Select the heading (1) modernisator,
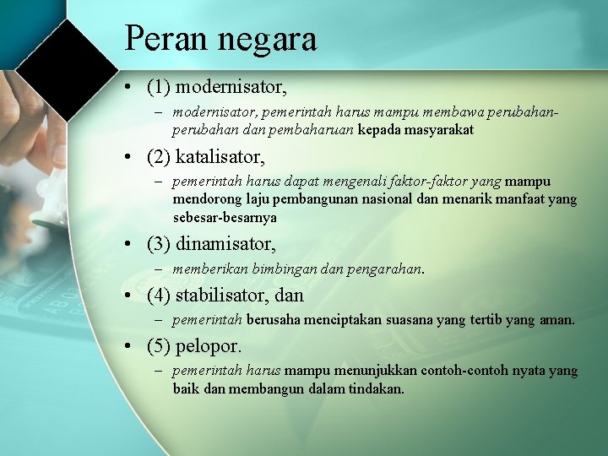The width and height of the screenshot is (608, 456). (216, 86)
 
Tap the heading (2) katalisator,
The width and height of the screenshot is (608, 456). (205, 157)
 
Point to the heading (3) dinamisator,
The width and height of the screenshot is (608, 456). (211, 244)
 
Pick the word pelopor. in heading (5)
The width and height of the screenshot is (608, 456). (209, 346)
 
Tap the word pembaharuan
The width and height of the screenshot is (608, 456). (306, 130)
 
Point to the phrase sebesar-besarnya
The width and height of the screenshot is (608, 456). (225, 217)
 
